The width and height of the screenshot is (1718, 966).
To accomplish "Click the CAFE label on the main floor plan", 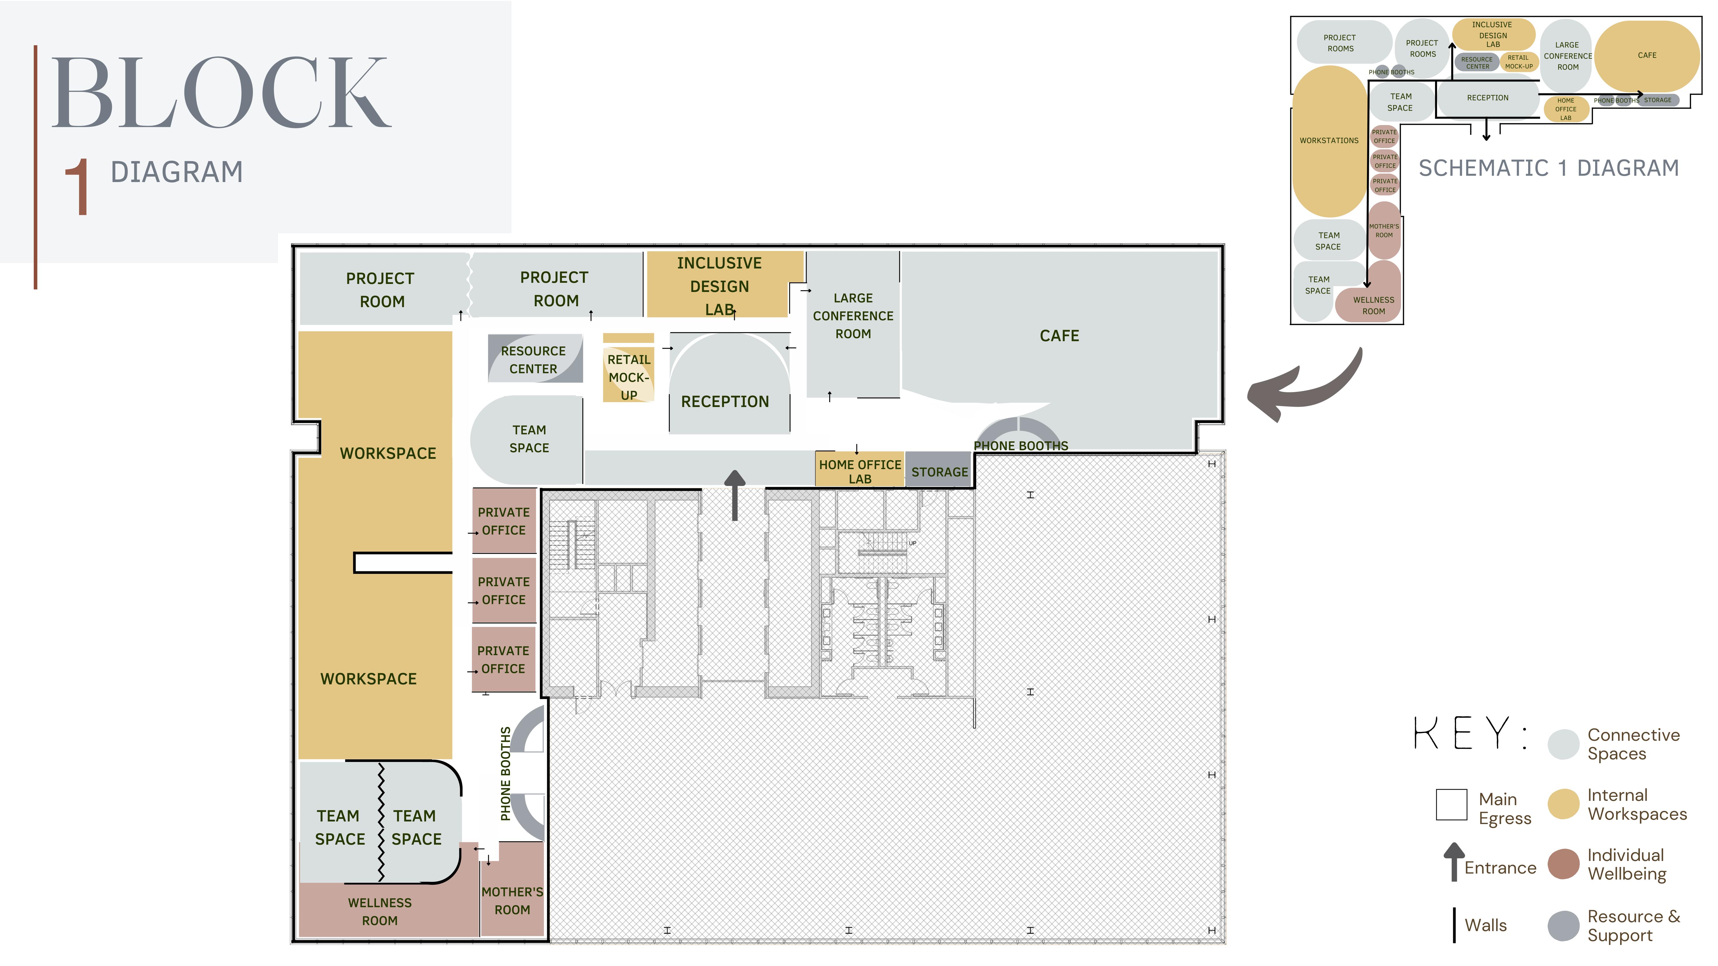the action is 1059,336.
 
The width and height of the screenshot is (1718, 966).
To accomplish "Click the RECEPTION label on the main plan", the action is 725,401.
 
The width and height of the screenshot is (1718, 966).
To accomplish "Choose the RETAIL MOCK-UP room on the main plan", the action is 628,368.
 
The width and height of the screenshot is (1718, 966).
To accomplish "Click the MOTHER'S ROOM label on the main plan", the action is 512,901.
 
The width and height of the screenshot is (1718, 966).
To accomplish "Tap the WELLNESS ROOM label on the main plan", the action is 379,911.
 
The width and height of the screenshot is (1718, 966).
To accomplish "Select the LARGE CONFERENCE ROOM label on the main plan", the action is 853,316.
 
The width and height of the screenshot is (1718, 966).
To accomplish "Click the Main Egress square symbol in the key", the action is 1451,805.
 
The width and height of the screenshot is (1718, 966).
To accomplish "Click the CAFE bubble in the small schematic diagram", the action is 1647,56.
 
